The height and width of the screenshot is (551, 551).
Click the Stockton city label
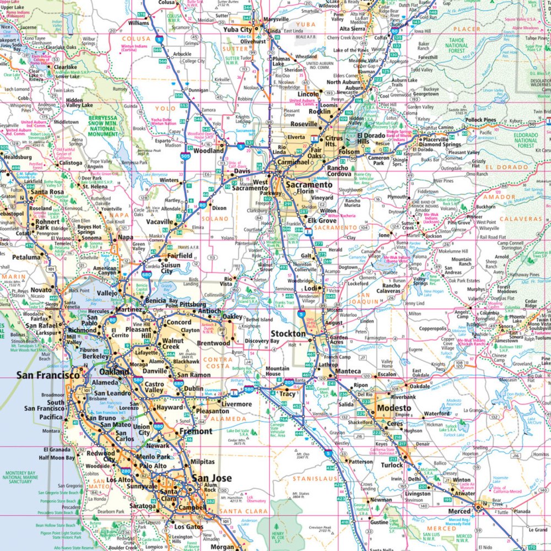click(288, 334)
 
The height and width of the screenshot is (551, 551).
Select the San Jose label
click(211, 478)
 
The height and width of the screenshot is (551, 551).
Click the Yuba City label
click(237, 30)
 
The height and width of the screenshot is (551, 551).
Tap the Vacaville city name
click(160, 222)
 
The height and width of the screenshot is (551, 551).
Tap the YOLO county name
click(165, 109)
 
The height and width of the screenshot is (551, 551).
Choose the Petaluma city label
click(25, 257)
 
